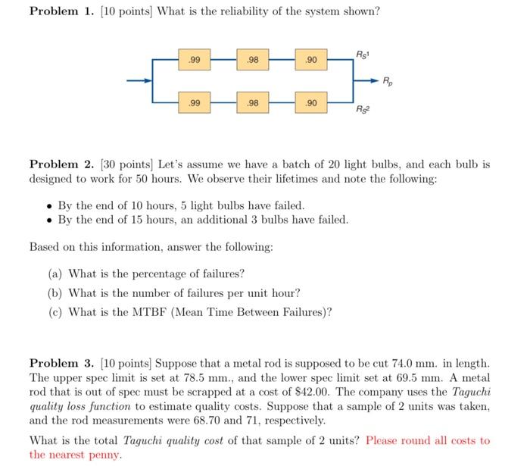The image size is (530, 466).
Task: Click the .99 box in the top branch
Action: pyautogui.click(x=195, y=59)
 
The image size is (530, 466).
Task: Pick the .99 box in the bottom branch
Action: pyautogui.click(x=195, y=102)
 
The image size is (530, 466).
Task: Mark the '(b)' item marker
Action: pyautogui.click(x=55, y=292)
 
